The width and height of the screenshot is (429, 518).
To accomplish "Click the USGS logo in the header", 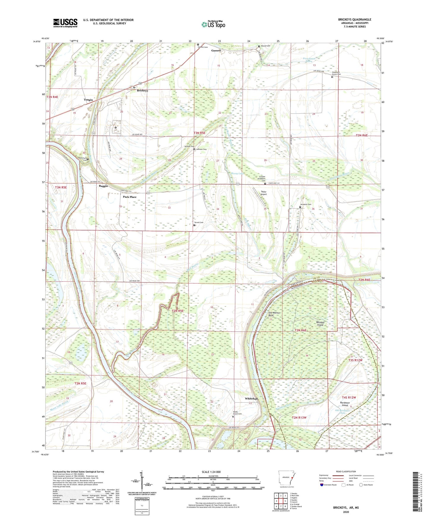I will click(x=65, y=23).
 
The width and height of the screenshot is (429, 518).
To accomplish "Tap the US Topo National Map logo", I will click(x=213, y=24).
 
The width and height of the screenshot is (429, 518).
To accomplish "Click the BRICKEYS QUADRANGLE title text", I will click(x=354, y=20).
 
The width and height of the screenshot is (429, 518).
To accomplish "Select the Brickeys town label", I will click(x=142, y=90).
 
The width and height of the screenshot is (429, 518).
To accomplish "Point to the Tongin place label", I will click(x=88, y=100).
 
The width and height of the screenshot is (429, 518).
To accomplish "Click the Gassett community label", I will click(x=216, y=51).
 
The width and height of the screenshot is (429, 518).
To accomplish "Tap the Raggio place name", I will click(x=103, y=186).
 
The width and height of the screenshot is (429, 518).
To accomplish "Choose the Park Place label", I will click(x=129, y=197).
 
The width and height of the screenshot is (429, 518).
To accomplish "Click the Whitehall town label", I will click(x=251, y=399).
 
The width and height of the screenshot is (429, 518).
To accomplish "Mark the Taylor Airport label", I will click(x=264, y=193).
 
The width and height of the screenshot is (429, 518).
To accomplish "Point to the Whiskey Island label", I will click(x=320, y=323).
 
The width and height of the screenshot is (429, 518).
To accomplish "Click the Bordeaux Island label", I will click(x=344, y=404).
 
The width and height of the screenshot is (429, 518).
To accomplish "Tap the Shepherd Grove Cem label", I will click(x=336, y=73).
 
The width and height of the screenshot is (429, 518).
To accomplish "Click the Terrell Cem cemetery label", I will click(x=199, y=223).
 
